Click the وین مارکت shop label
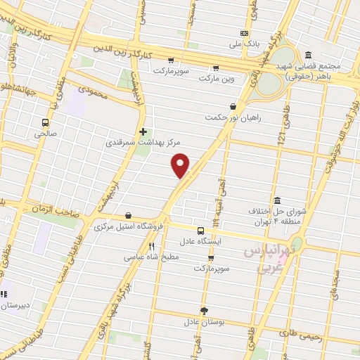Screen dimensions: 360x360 click(x=214, y=79)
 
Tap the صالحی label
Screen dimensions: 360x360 click(x=46, y=131)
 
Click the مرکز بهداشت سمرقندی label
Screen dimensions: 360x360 click(x=139, y=143)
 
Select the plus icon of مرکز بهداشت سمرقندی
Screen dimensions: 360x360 click(x=143, y=131)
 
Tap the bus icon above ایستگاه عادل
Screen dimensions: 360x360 click(x=200, y=230)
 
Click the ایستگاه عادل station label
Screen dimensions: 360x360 click(x=202, y=241)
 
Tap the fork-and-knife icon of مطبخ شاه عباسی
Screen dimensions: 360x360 click(x=151, y=247)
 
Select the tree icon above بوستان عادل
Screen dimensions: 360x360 click(x=205, y=310)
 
